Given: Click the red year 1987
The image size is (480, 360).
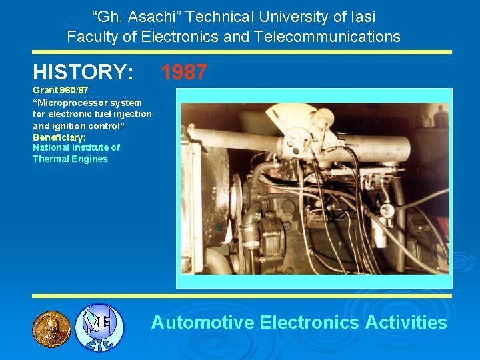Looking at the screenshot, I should point(184,72).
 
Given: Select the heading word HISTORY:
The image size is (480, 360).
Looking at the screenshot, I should point(83,72).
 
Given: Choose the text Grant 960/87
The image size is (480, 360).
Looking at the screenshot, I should point(61,90).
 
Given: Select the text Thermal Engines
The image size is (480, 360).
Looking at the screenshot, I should point(70,159).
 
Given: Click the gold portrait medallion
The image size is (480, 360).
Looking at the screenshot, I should point(51,328).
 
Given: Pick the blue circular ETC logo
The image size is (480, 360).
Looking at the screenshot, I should point(99,327).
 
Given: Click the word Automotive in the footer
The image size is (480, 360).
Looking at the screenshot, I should point(203,323).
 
